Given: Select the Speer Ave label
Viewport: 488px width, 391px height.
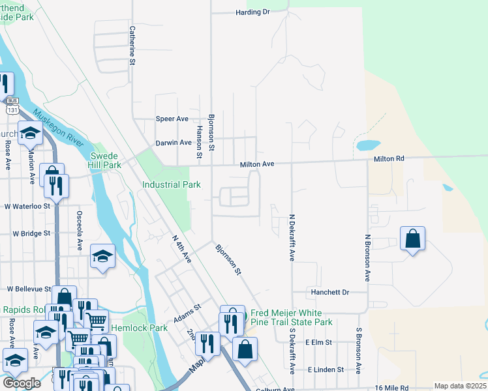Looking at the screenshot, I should [x=172, y=119].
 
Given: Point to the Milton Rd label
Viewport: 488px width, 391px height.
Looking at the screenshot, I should [x=389, y=159].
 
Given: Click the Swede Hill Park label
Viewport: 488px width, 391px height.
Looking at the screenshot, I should [x=106, y=161].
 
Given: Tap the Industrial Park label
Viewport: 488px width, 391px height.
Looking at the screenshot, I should [x=172, y=185].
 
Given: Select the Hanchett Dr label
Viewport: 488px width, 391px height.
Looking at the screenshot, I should [x=330, y=293].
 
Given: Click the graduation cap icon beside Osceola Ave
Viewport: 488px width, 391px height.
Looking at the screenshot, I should [x=103, y=255].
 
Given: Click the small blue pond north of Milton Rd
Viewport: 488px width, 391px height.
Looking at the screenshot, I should [x=368, y=145].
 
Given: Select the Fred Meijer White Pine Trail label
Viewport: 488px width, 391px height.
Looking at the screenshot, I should [x=292, y=318].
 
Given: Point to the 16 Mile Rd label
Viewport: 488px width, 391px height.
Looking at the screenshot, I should [x=392, y=388].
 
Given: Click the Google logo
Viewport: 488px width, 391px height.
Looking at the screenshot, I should [x=22, y=383].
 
